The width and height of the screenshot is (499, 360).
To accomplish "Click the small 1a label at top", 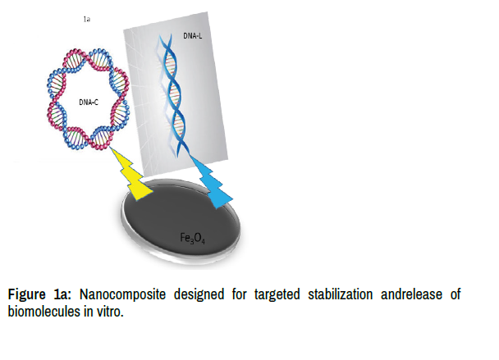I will point(86,18).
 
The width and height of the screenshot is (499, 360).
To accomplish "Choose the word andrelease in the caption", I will point(419,295).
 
